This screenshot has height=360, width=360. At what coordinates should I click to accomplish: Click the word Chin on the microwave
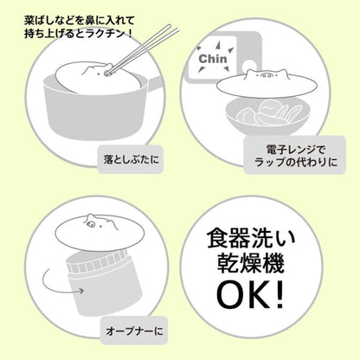coord(213,59)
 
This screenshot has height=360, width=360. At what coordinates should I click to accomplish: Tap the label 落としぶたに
coord(132,159)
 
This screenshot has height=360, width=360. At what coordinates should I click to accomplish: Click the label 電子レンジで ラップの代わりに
coord(295,156)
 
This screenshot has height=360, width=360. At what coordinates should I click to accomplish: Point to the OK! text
coord(250,297)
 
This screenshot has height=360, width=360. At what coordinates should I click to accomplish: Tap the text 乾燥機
coord(250,264)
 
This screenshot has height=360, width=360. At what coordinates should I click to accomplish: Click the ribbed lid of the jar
coord(97,260)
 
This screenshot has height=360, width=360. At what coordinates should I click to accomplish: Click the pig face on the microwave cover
coord(266,76)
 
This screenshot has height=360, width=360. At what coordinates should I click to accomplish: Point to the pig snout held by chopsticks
coord(107,72)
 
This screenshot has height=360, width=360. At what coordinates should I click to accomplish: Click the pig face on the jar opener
coord(99,223)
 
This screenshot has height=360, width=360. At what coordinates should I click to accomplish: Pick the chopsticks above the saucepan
coord(141,49)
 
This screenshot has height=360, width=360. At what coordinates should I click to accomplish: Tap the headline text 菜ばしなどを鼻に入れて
coord(79,21)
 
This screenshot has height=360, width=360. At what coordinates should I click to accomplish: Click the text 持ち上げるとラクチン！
coord(79,34)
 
